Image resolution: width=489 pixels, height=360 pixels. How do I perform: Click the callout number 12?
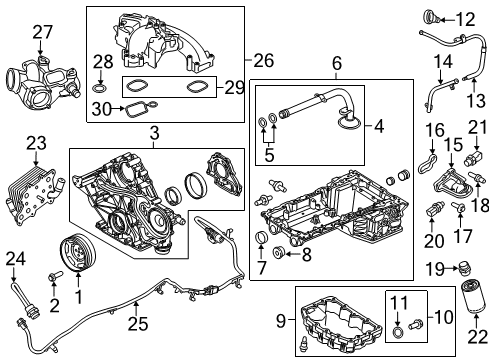466,19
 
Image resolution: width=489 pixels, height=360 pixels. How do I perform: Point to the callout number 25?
135,323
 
